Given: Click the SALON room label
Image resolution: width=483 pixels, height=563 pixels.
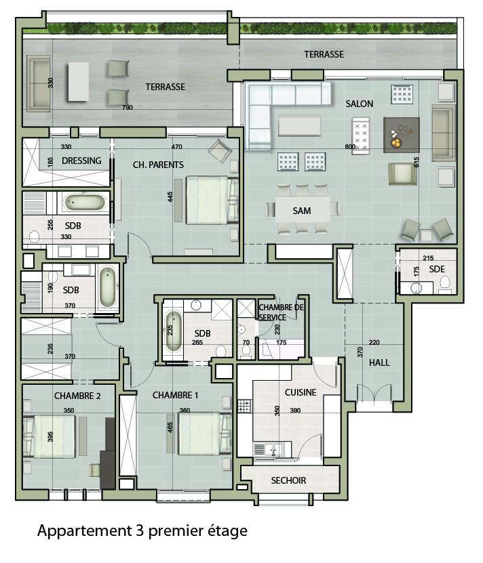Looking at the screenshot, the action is (360, 104).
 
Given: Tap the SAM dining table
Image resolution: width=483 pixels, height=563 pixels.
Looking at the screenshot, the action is (303, 209).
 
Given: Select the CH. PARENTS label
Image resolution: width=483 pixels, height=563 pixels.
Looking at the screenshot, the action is (158, 165).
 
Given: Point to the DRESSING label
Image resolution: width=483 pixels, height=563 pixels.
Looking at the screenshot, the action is (81, 161).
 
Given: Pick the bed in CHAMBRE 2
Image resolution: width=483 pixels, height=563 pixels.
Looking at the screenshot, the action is (50, 436).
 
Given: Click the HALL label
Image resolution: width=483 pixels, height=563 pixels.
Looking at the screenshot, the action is (379, 362).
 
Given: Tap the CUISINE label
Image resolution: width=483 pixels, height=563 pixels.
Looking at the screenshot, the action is (301, 392).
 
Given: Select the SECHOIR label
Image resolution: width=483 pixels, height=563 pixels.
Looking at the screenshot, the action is (288, 480).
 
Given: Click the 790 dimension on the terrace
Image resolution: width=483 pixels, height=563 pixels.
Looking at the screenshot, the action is (128, 107).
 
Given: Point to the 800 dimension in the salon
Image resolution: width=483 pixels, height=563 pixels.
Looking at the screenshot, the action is (350, 146).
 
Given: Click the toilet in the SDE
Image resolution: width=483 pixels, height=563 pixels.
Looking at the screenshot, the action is (445, 283).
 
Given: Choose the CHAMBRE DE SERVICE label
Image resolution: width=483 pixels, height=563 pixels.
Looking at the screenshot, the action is (281, 312).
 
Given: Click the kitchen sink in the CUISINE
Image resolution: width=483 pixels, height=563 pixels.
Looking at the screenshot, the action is (269, 449).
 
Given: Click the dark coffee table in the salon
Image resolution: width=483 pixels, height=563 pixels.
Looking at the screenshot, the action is (402, 135).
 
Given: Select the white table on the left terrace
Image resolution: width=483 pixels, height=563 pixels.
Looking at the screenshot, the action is (79, 82).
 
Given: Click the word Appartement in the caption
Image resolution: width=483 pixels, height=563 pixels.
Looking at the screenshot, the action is (85, 531).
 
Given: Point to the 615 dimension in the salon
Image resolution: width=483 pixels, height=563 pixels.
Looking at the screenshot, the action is (417, 163).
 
